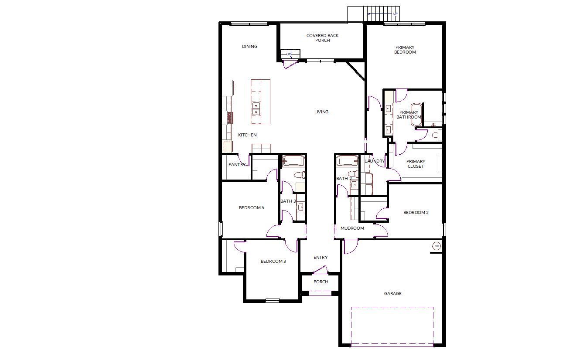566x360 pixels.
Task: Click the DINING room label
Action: pyautogui.click(x=250, y=47)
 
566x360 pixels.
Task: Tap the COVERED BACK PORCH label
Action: pyautogui.click(x=322, y=38)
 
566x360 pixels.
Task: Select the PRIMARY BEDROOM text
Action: pyautogui.click(x=405, y=50)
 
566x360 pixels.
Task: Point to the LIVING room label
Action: pyautogui.click(x=321, y=112)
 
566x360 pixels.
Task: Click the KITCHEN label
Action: pyautogui.click(x=247, y=135)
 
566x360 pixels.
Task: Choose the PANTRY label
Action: pyautogui.click(x=237, y=164)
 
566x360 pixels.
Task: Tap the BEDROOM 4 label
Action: pyautogui.click(x=252, y=207)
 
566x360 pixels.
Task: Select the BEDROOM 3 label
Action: pyautogui.click(x=273, y=261)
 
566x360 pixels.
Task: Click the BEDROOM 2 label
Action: pyautogui.click(x=416, y=212)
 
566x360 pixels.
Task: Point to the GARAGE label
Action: pyautogui.click(x=392, y=294)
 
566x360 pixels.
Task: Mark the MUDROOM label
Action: pyautogui.click(x=352, y=228)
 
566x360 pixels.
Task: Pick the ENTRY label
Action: pyautogui.click(x=321, y=258)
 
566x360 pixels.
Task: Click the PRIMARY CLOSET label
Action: pyautogui.click(x=416, y=164)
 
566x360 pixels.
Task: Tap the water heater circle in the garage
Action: pyautogui.click(x=437, y=246)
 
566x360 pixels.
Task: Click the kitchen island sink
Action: pyautogui.click(x=256, y=109)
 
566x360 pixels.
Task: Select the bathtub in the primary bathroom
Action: pyautogui.click(x=416, y=115)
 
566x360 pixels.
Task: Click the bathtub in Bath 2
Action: pyautogui.click(x=347, y=161)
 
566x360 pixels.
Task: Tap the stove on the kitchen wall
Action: pyautogui.click(x=230, y=118)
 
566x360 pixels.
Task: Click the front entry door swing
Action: pyautogui.click(x=320, y=269)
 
